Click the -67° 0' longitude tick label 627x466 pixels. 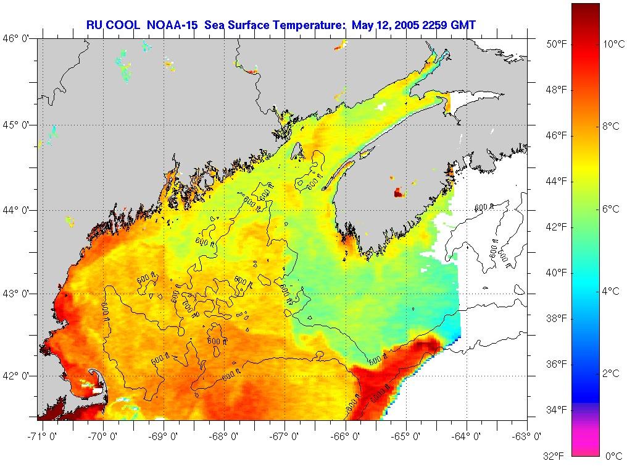click(x=284, y=437)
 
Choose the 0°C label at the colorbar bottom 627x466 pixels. click(x=613, y=456)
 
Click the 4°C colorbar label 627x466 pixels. click(x=611, y=291)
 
